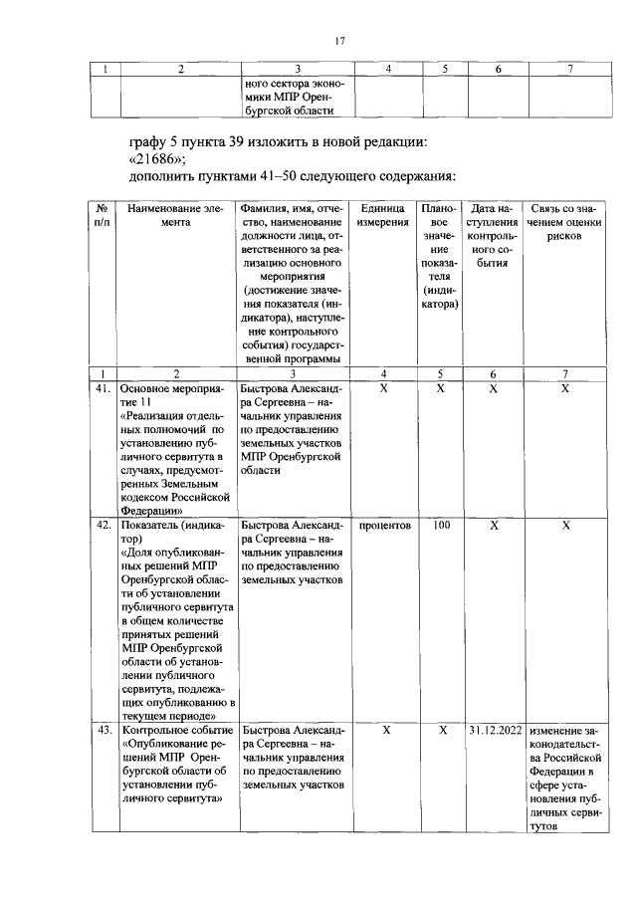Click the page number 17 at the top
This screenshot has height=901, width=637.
click(x=338, y=41)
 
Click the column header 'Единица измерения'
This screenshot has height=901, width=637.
click(x=384, y=215)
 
